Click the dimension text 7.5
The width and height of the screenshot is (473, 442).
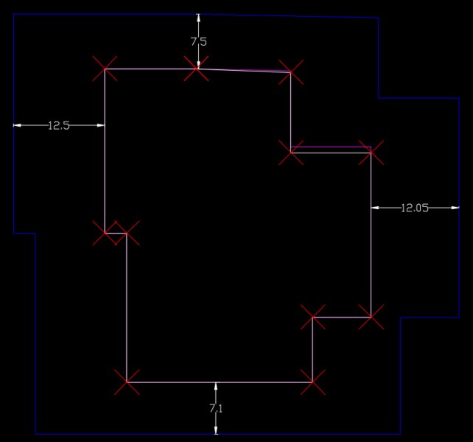tap(198, 42)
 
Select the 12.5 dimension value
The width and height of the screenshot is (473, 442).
tap(58, 125)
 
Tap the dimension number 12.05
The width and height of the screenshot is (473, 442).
tap(415, 208)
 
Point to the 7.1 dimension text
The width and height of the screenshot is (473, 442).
tap(216, 407)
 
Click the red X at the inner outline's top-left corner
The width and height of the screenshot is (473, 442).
tap(105, 69)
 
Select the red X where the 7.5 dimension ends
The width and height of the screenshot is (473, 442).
tap(197, 69)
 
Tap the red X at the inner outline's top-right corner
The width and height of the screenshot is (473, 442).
tap(291, 72)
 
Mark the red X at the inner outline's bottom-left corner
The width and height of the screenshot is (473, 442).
tap(127, 382)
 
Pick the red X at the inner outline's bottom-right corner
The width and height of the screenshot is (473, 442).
tap(313, 382)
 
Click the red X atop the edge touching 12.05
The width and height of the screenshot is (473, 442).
tap(371, 152)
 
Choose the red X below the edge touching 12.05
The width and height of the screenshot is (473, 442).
tap(371, 317)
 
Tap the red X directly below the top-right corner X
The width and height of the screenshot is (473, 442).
tap(292, 152)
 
